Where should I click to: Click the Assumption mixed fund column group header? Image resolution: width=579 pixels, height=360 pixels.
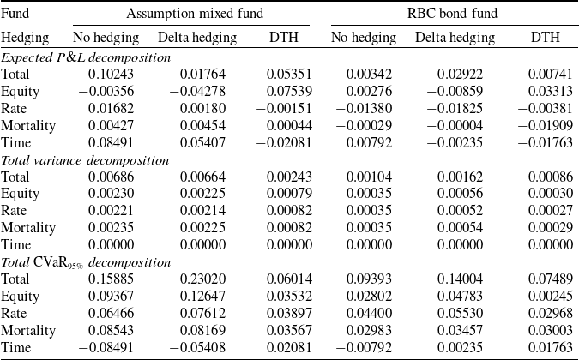[195, 14]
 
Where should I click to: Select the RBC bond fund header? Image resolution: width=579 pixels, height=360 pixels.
[452, 14]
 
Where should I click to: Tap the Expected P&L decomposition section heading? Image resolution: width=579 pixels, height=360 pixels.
[86, 57]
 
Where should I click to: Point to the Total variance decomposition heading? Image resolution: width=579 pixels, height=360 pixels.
[85, 160]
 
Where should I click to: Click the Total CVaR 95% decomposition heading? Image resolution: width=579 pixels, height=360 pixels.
[86, 262]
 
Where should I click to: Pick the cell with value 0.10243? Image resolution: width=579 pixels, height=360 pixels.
[111, 74]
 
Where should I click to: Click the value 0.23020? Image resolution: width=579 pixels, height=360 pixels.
[202, 279]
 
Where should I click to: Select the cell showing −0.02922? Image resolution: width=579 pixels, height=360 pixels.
[455, 74]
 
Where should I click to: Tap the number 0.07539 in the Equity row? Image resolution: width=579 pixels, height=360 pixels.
[289, 91]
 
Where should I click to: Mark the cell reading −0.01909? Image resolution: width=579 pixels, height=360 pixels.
[545, 125]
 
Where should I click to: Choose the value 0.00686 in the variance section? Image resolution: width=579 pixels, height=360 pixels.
[111, 177]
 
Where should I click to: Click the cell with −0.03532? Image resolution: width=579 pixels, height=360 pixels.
[284, 296]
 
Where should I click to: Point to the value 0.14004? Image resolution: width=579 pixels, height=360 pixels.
[460, 279]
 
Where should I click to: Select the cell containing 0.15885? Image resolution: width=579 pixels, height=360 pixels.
[111, 279]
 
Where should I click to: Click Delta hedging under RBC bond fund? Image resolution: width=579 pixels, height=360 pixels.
[455, 38]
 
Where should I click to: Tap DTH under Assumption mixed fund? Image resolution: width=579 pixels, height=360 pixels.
[284, 37]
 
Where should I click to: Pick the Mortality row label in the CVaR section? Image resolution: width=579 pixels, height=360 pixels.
[28, 331]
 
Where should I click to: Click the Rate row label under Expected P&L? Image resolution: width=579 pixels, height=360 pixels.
[14, 109]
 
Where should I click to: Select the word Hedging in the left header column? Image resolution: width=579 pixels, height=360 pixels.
[25, 38]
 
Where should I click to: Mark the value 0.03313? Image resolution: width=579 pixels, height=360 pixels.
[550, 91]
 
